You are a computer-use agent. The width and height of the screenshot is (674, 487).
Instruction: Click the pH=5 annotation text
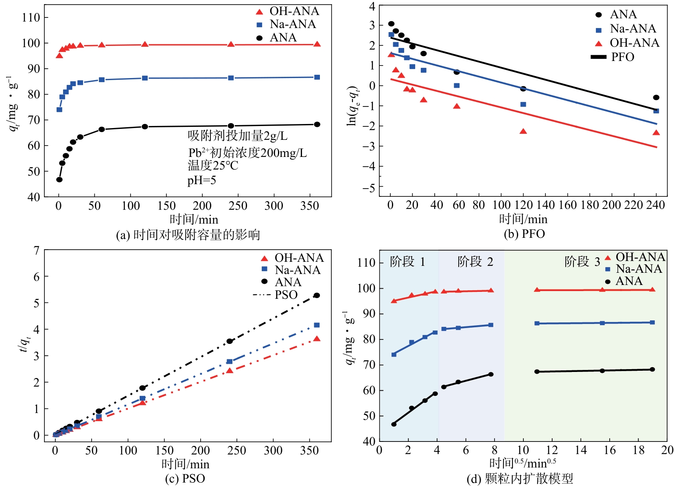pos(201,180)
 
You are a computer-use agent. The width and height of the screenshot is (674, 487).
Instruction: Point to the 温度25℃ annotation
pos(213,165)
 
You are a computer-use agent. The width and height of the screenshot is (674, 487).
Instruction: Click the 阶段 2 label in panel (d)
pos(475,262)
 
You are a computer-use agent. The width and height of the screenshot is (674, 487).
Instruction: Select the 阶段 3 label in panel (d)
pos(582,262)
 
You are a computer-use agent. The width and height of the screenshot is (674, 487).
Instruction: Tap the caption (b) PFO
pos(524,234)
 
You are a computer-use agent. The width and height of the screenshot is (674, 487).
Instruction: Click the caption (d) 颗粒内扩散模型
pos(520,479)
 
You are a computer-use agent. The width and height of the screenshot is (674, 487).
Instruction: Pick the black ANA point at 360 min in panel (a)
pos(317,124)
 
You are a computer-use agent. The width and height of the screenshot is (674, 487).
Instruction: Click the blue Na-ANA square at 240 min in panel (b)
pos(656,111)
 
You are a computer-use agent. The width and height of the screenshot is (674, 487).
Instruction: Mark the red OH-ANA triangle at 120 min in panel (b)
pos(523,131)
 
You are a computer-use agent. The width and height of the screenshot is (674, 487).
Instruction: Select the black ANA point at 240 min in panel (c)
pos(230,341)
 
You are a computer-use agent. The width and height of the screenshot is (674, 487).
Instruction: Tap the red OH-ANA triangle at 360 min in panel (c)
pos(317,339)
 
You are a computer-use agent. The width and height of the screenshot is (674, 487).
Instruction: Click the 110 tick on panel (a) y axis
pos(31,17)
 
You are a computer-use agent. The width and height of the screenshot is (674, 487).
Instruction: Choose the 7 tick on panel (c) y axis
pos(37,250)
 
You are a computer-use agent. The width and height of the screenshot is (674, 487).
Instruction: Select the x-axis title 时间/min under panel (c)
pos(186,464)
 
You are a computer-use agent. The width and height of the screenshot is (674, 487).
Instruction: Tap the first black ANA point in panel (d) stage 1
pos(394,424)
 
